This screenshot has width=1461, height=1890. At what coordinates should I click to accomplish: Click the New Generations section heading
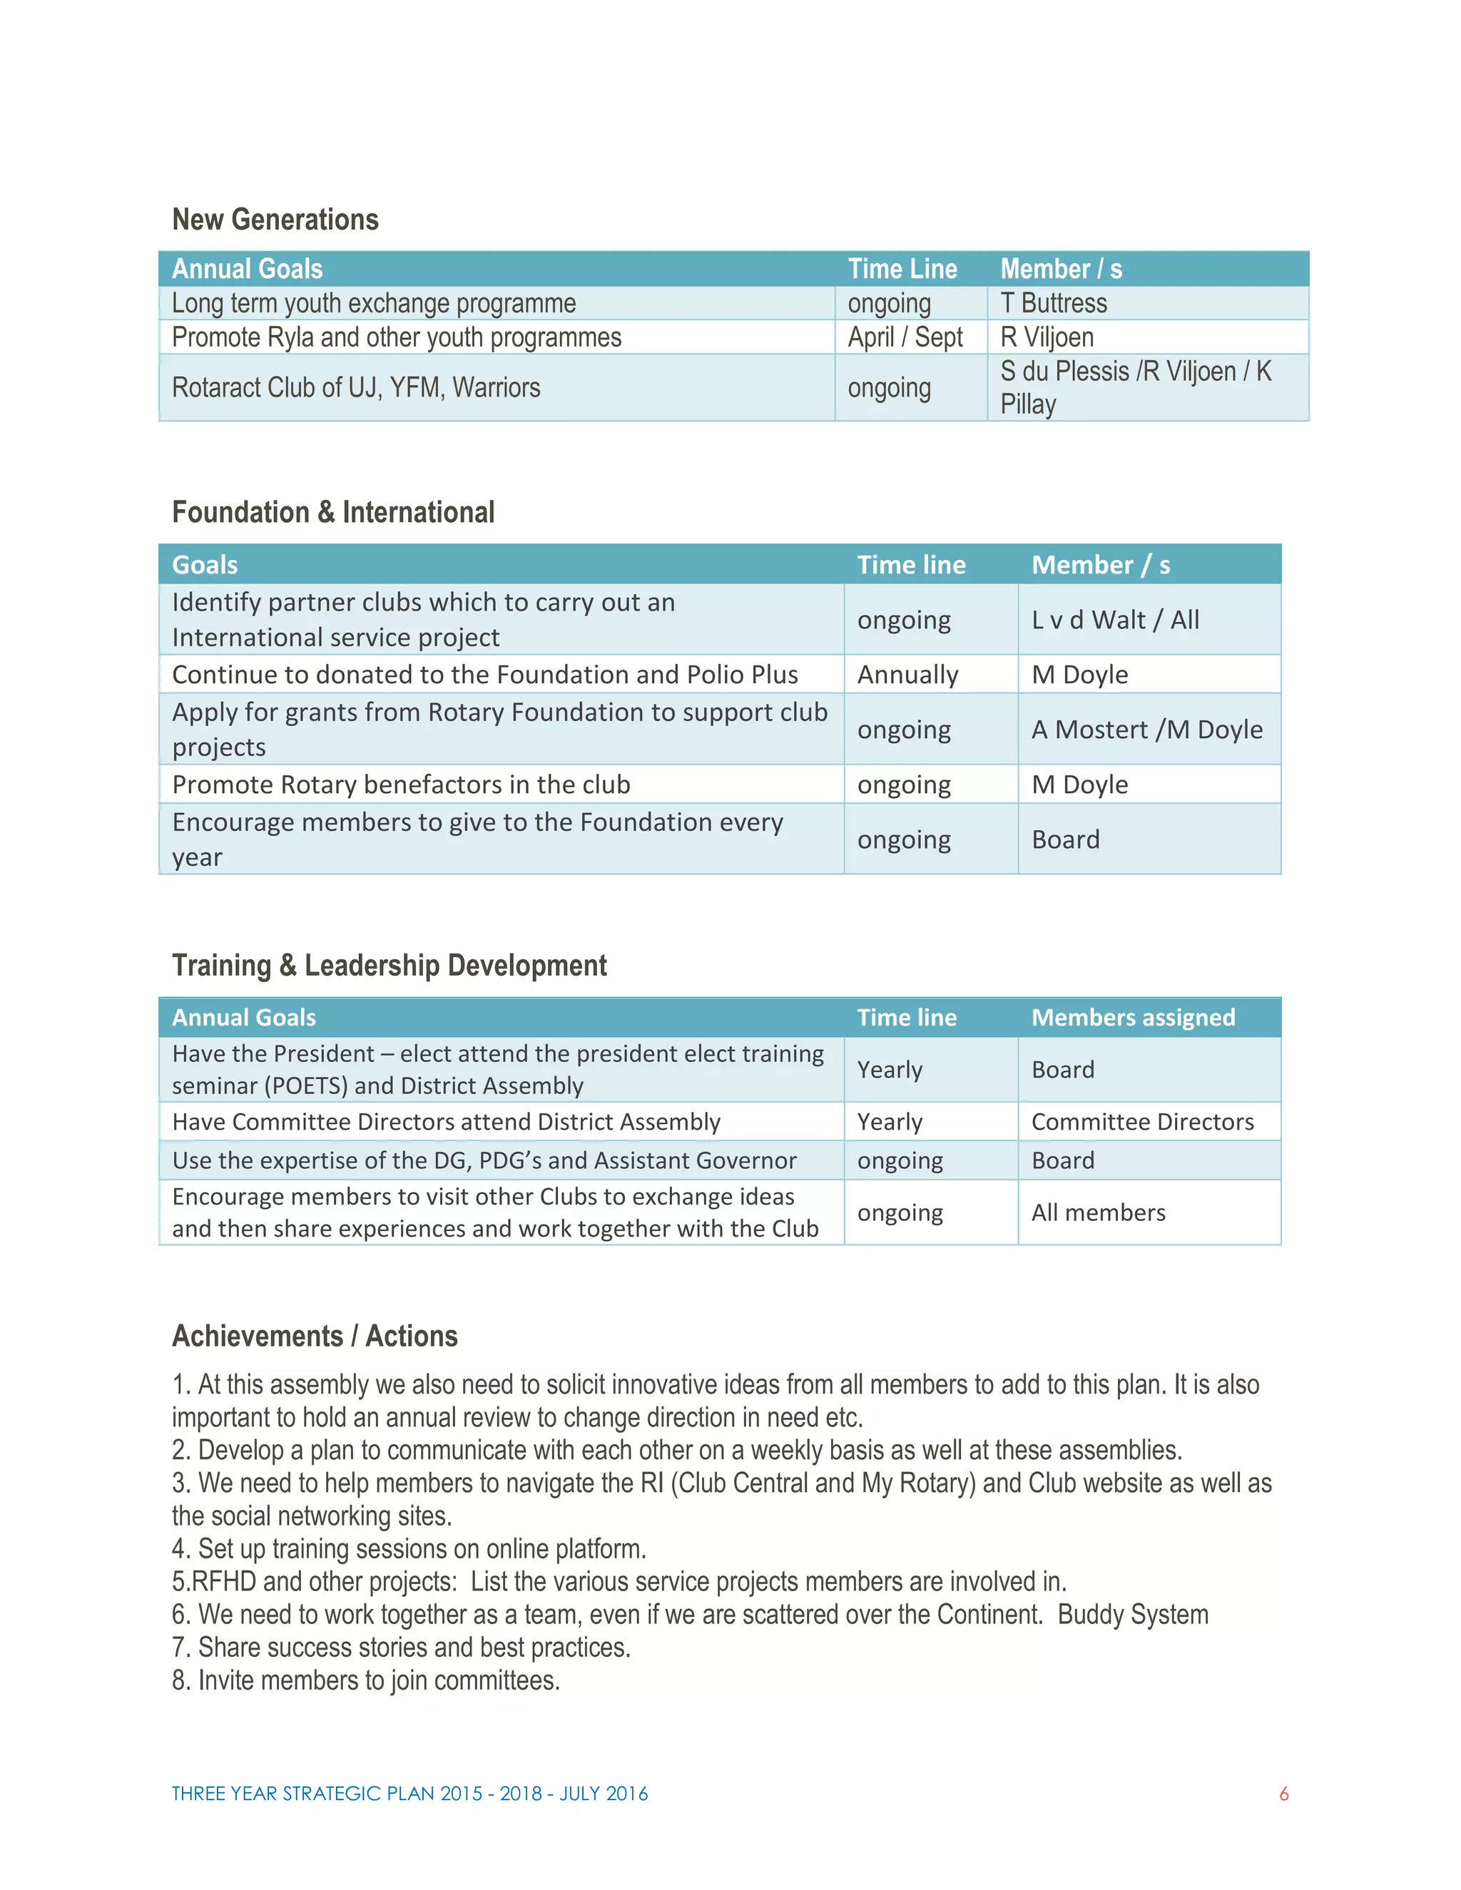(275, 220)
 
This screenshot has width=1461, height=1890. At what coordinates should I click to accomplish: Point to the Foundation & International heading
(333, 512)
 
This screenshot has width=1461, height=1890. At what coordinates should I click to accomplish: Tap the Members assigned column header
(1133, 1018)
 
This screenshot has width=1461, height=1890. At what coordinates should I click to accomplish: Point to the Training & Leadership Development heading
(390, 966)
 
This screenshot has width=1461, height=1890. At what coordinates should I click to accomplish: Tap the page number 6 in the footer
(1283, 1794)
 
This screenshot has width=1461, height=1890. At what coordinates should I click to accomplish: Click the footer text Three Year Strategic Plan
(409, 1794)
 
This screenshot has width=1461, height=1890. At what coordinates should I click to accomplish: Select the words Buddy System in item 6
(1132, 1615)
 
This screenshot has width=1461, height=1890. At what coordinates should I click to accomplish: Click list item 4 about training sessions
(409, 1549)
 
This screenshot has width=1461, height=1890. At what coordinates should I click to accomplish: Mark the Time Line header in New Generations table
(902, 269)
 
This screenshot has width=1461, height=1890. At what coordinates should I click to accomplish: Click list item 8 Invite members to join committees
(366, 1680)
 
